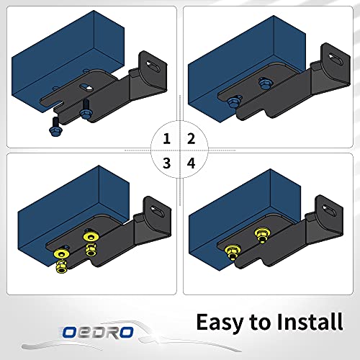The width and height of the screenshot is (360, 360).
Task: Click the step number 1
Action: [x=167, y=138]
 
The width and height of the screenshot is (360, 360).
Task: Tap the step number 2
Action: [x=191, y=138]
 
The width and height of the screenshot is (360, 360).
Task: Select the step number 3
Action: [x=167, y=163]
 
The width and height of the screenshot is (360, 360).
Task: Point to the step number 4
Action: [x=191, y=163]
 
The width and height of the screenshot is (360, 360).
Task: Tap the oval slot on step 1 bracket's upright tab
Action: [x=153, y=64]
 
